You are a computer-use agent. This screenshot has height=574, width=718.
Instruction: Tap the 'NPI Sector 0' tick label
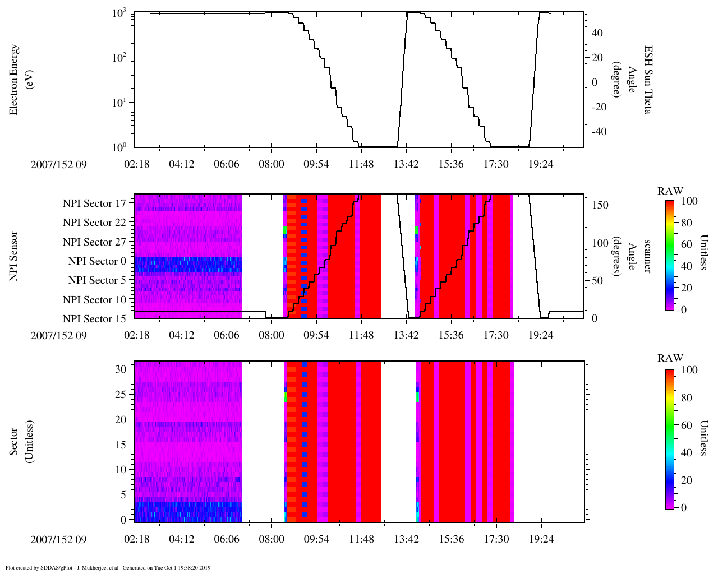97,261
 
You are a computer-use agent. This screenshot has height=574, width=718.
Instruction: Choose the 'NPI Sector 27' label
94,242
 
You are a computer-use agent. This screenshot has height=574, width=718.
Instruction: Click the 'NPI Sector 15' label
94,319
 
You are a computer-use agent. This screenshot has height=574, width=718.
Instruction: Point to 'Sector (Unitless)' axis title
21,442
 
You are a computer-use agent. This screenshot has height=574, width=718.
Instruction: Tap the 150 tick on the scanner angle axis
600,205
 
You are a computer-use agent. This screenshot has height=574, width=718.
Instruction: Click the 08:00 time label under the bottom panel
271,539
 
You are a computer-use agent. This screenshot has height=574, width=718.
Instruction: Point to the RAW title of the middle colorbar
670,191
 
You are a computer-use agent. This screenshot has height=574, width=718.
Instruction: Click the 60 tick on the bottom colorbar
686,425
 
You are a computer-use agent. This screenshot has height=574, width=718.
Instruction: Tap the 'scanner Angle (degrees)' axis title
631,256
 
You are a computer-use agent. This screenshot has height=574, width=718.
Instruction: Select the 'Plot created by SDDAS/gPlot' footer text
108,568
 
